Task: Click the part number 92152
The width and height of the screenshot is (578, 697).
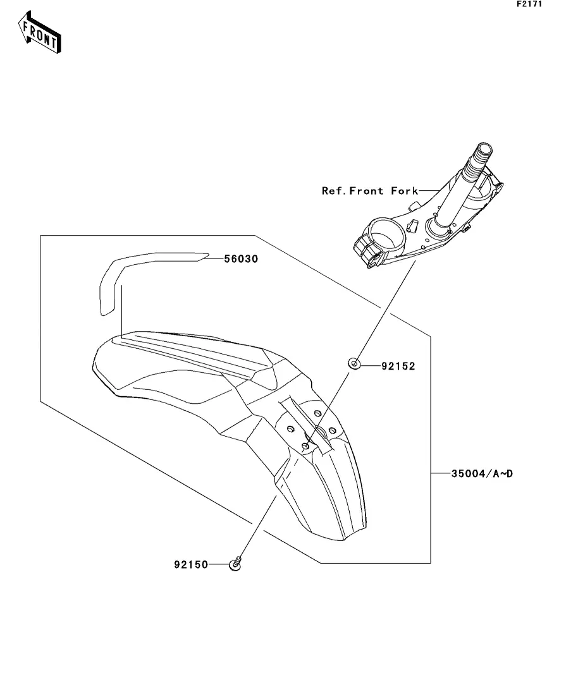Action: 398,366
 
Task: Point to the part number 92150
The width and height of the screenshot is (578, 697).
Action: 191,564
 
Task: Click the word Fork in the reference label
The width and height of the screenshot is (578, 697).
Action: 404,191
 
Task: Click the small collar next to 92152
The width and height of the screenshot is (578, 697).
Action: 355,364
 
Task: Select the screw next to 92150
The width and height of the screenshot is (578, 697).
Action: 237,564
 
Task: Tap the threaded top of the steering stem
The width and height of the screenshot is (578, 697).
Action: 479,157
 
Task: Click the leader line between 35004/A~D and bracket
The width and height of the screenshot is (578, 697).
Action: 441,473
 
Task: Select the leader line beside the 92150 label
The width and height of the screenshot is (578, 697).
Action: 218,564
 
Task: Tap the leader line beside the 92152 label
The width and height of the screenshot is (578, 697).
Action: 371,365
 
